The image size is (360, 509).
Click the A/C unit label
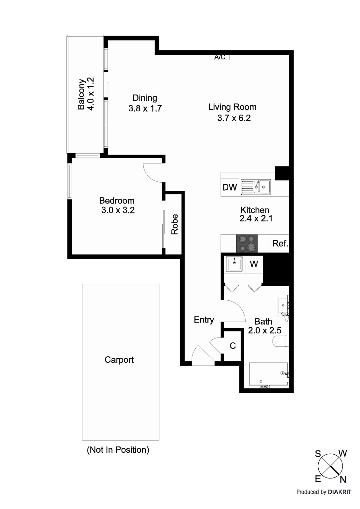[x=219, y=57]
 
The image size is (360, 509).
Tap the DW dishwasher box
[x=229, y=187]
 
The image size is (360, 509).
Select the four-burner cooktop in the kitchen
[x=246, y=243]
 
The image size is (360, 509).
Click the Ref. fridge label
[x=280, y=244]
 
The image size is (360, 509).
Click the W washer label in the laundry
[x=254, y=264]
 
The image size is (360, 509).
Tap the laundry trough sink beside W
[x=235, y=264]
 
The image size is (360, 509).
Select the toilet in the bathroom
[x=280, y=341]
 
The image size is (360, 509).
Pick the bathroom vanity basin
[x=283, y=304]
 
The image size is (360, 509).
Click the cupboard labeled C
[x=233, y=346]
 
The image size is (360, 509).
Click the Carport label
[x=119, y=360]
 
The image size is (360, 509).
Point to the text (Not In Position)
[x=118, y=450]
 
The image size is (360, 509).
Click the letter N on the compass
[x=343, y=479]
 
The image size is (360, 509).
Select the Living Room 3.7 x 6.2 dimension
[x=234, y=118]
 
